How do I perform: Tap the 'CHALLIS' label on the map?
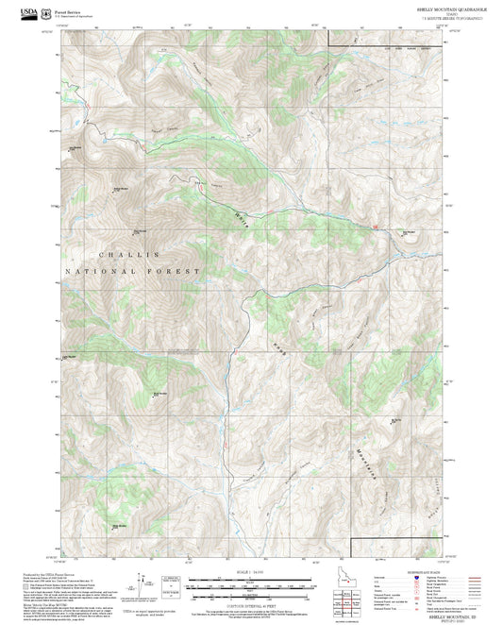point(129,255)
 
